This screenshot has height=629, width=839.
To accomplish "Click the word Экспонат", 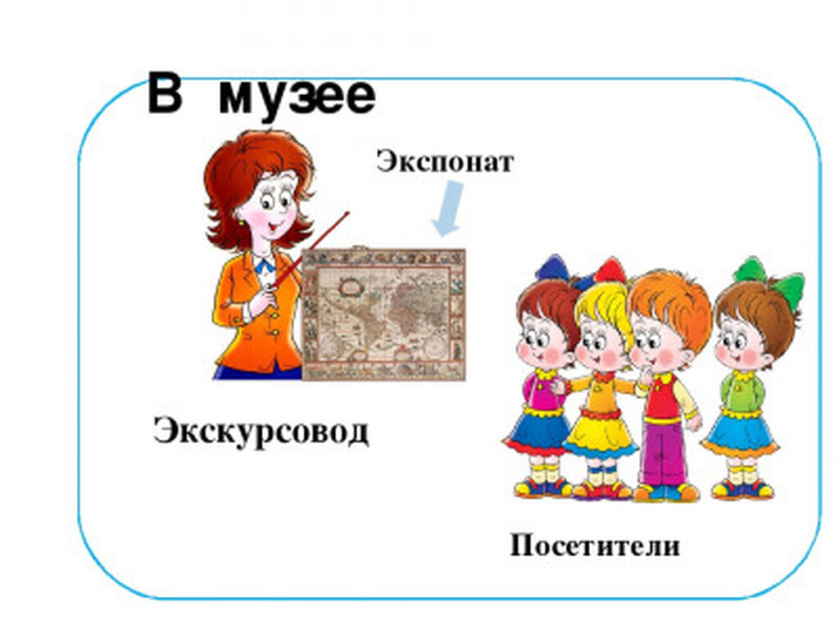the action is [x=445, y=162].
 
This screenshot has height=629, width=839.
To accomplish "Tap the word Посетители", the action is [x=595, y=546].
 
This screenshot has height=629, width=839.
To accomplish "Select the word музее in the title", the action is [x=297, y=98].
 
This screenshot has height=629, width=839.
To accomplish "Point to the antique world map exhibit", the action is [x=383, y=314].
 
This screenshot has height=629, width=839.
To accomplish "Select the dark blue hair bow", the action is [x=556, y=269].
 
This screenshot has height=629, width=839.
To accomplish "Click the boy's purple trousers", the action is [x=664, y=452].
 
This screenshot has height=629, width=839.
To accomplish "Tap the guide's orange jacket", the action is [x=256, y=315].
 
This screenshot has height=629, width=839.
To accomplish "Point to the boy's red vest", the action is [x=662, y=396].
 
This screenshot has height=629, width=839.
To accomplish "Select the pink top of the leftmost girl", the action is [x=541, y=391].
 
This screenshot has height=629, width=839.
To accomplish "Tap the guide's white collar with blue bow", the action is [x=265, y=264].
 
